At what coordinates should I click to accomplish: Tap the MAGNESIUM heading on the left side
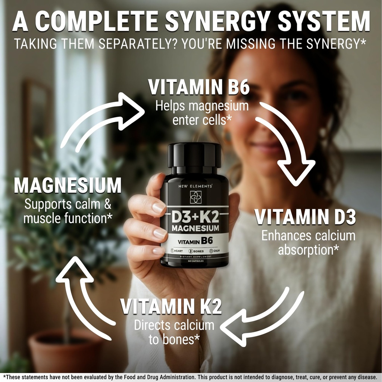68,185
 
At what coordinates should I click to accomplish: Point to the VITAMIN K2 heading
171,307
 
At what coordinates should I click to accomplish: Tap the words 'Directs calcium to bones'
174,332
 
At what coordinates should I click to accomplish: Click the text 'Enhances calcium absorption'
308,243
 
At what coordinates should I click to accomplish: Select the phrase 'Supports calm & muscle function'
68,211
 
